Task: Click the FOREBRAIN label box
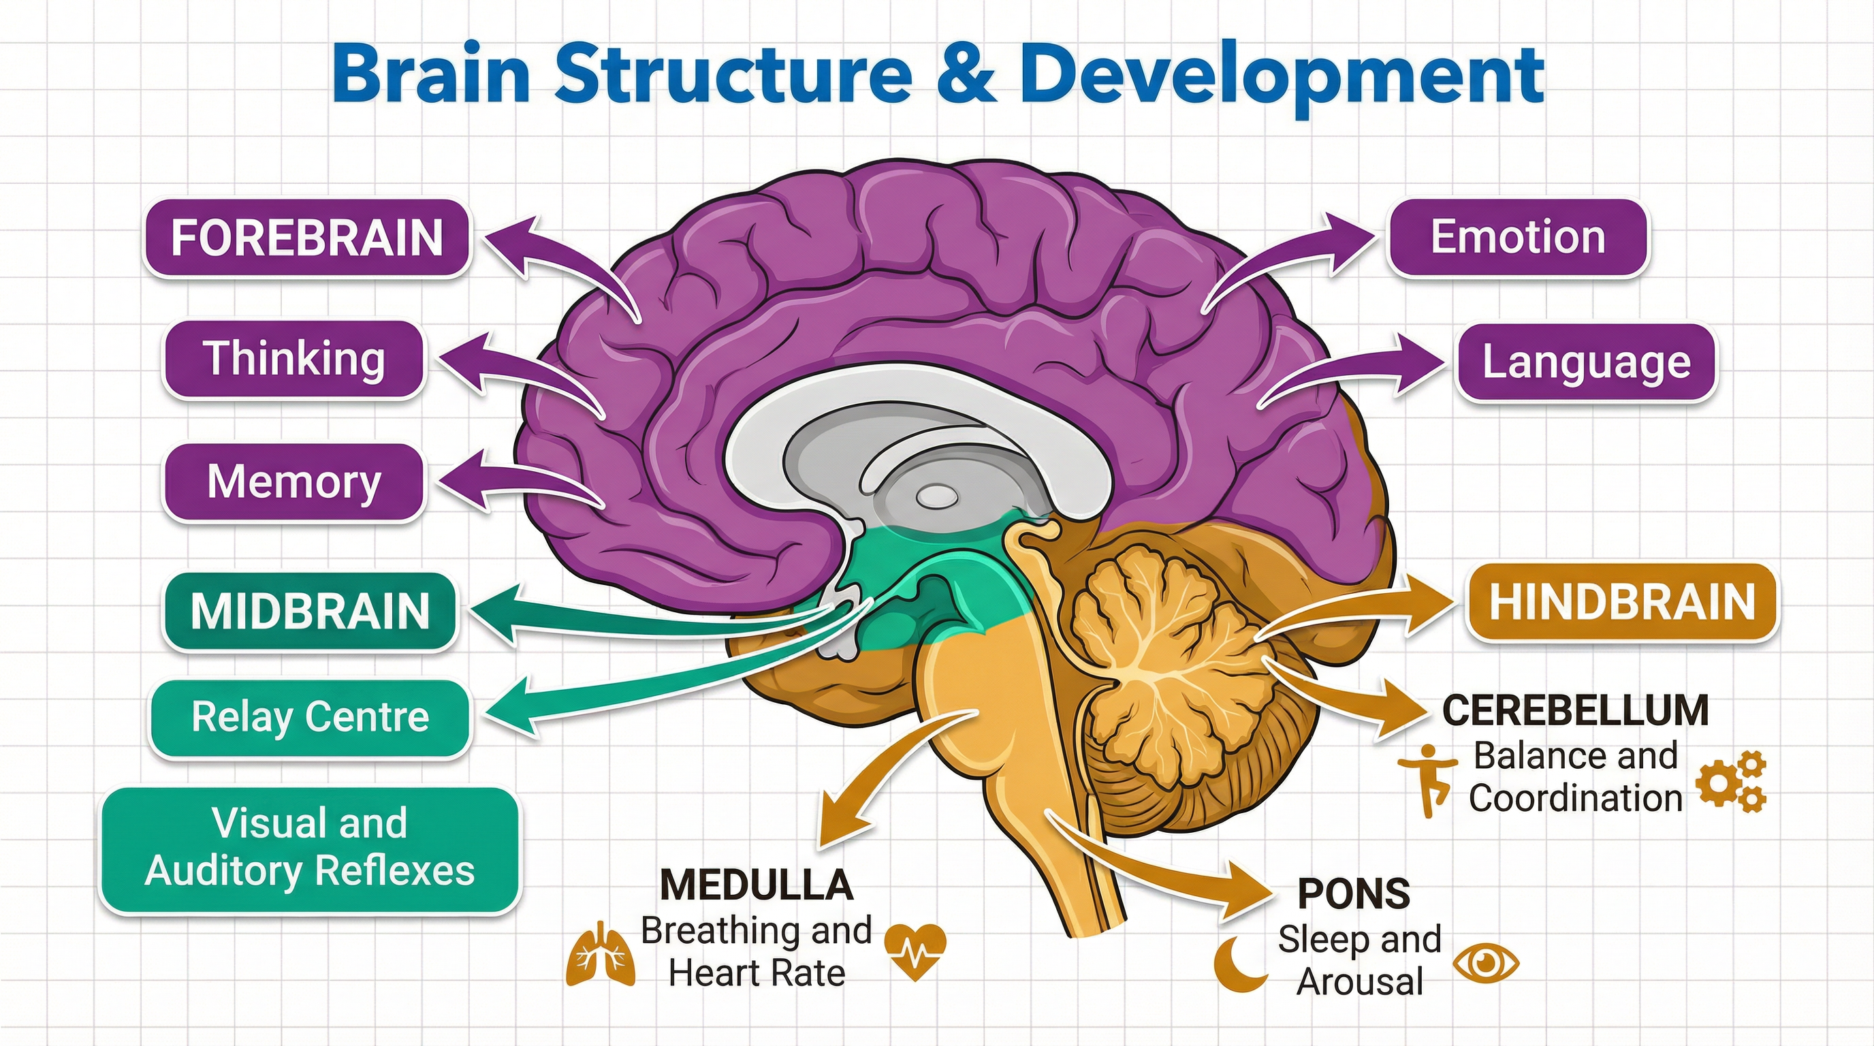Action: click(x=306, y=238)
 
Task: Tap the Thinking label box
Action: click(x=293, y=360)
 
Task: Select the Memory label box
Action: click(x=293, y=482)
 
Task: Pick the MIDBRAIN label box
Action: click(x=310, y=611)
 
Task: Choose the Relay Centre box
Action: click(x=310, y=718)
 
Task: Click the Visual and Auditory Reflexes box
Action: click(x=310, y=848)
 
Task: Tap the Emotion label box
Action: click(x=1518, y=238)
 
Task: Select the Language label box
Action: click(x=1586, y=362)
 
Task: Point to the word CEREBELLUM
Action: click(x=1576, y=711)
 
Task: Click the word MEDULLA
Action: click(x=757, y=885)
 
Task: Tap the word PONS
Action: click(x=1354, y=894)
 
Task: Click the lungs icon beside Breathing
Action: click(x=600, y=955)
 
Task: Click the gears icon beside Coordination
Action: click(x=1730, y=782)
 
